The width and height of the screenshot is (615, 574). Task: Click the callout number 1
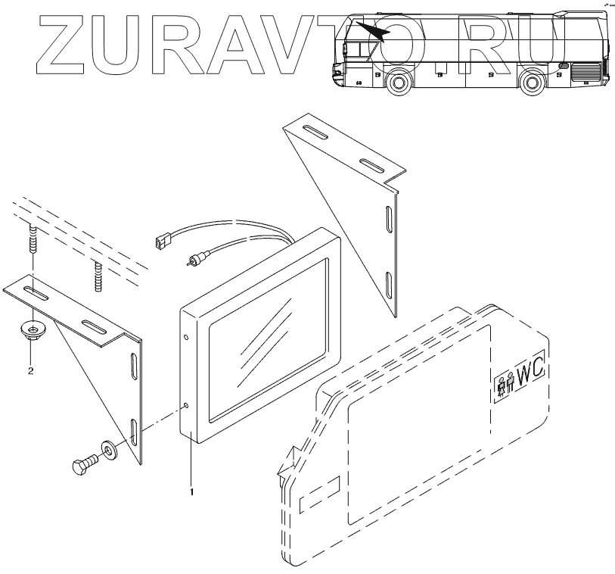click(x=192, y=491)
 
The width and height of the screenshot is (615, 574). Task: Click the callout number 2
click(x=30, y=370)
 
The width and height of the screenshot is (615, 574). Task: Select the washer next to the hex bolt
click(x=109, y=451)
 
